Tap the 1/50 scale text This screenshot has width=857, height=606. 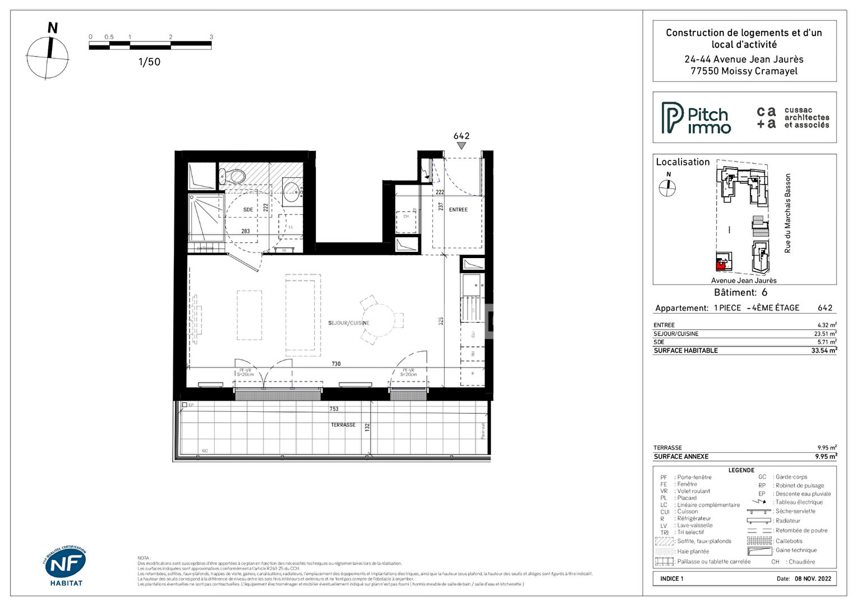pos(149,62)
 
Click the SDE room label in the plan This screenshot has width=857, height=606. pos(248,210)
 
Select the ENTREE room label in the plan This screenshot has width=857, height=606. pos(458,210)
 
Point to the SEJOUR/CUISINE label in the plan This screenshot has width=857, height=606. pos(348,323)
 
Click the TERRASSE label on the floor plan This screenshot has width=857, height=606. pos(343,425)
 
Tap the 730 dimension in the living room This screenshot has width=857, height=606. pos(336,364)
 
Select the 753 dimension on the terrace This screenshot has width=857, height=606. pos(334,409)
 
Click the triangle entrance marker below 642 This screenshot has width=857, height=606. pos(461,146)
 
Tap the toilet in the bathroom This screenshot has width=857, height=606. pos(234,176)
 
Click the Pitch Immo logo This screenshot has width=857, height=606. pos(696,118)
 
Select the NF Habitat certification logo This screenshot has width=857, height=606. pos(65,566)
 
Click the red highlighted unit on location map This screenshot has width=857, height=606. pos(721,263)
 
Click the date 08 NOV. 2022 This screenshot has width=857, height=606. pos(813,579)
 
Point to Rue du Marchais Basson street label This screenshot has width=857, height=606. pos(787,213)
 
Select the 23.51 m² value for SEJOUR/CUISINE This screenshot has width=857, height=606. pos(825,334)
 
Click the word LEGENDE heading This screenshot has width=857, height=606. pos(741,470)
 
